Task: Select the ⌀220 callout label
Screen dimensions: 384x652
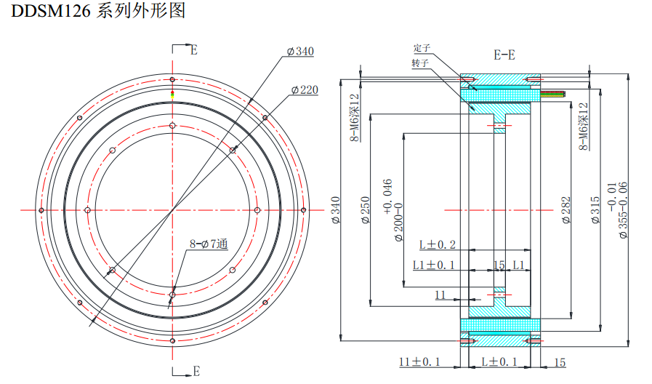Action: pyautogui.click(x=305, y=89)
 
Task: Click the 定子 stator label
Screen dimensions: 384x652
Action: pyautogui.click(x=422, y=48)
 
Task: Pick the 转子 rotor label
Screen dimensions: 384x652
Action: pyautogui.click(x=420, y=63)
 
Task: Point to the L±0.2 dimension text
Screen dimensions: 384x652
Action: pyautogui.click(x=438, y=244)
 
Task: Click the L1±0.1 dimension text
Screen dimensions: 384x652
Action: pyautogui.click(x=434, y=265)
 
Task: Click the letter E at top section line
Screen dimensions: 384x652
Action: pyautogui.click(x=193, y=50)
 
